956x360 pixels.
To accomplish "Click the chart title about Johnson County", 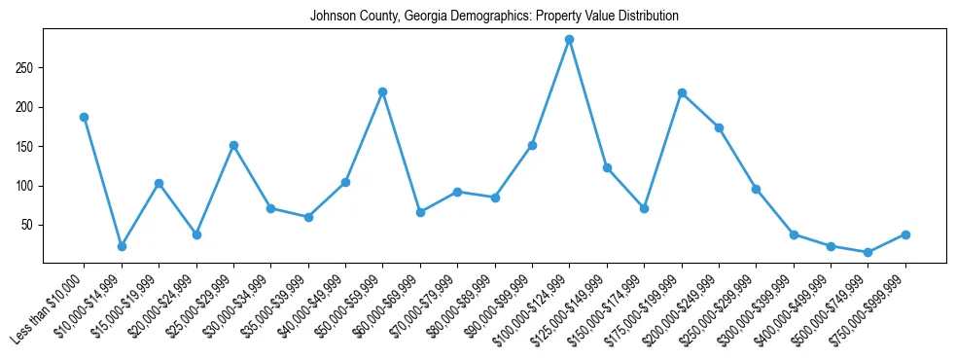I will pyautogui.click(x=494, y=17).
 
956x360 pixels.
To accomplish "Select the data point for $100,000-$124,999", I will pyautogui.click(x=569, y=40).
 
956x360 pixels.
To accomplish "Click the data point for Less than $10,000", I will pyautogui.click(x=84, y=117).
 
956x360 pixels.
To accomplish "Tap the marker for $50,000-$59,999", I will pyautogui.click(x=382, y=91).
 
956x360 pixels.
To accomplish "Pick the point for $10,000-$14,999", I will pyautogui.click(x=122, y=246).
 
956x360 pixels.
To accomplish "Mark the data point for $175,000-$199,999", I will pyautogui.click(x=682, y=92).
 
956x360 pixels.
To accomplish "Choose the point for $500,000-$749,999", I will pyautogui.click(x=867, y=252).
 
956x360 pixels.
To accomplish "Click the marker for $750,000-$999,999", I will pyautogui.click(x=905, y=234).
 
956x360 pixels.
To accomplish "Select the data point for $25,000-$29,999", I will pyautogui.click(x=233, y=145).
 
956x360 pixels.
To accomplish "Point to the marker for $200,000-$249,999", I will pyautogui.click(x=719, y=127).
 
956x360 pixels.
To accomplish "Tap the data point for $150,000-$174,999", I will pyautogui.click(x=644, y=208).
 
